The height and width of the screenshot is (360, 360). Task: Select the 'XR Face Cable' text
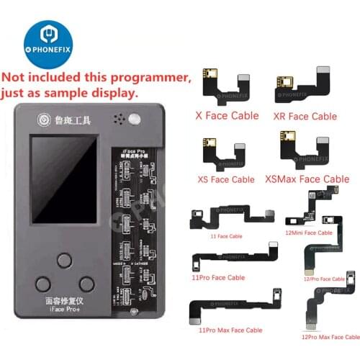pyautogui.click(x=305, y=115)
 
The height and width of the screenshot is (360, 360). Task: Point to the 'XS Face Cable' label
pyautogui.click(x=225, y=179)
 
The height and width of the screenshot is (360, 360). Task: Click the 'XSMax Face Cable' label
pyautogui.click(x=307, y=179)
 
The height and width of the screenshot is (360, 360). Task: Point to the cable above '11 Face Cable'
pyautogui.click(x=223, y=215)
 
